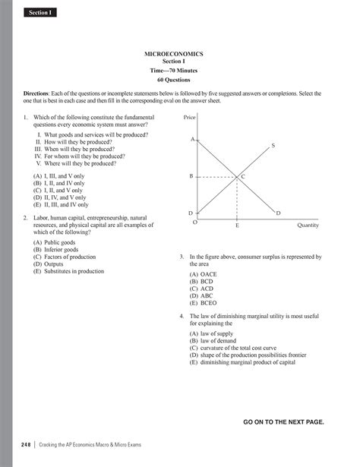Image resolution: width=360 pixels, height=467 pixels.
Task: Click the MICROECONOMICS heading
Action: pos(180,54)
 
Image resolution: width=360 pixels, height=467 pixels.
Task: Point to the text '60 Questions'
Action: pos(180,79)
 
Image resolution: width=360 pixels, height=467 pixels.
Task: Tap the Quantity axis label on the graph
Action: pos(308,226)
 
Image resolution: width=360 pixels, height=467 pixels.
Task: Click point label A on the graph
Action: pos(193,139)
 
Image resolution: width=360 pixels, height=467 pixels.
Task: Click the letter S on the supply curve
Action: pos(273,144)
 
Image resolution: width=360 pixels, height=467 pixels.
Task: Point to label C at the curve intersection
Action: pos(243,176)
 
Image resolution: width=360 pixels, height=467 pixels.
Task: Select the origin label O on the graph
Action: pos(194,222)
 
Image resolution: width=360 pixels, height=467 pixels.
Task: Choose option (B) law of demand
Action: pos(223,341)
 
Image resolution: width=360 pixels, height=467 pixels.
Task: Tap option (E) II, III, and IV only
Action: pos(61,204)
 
